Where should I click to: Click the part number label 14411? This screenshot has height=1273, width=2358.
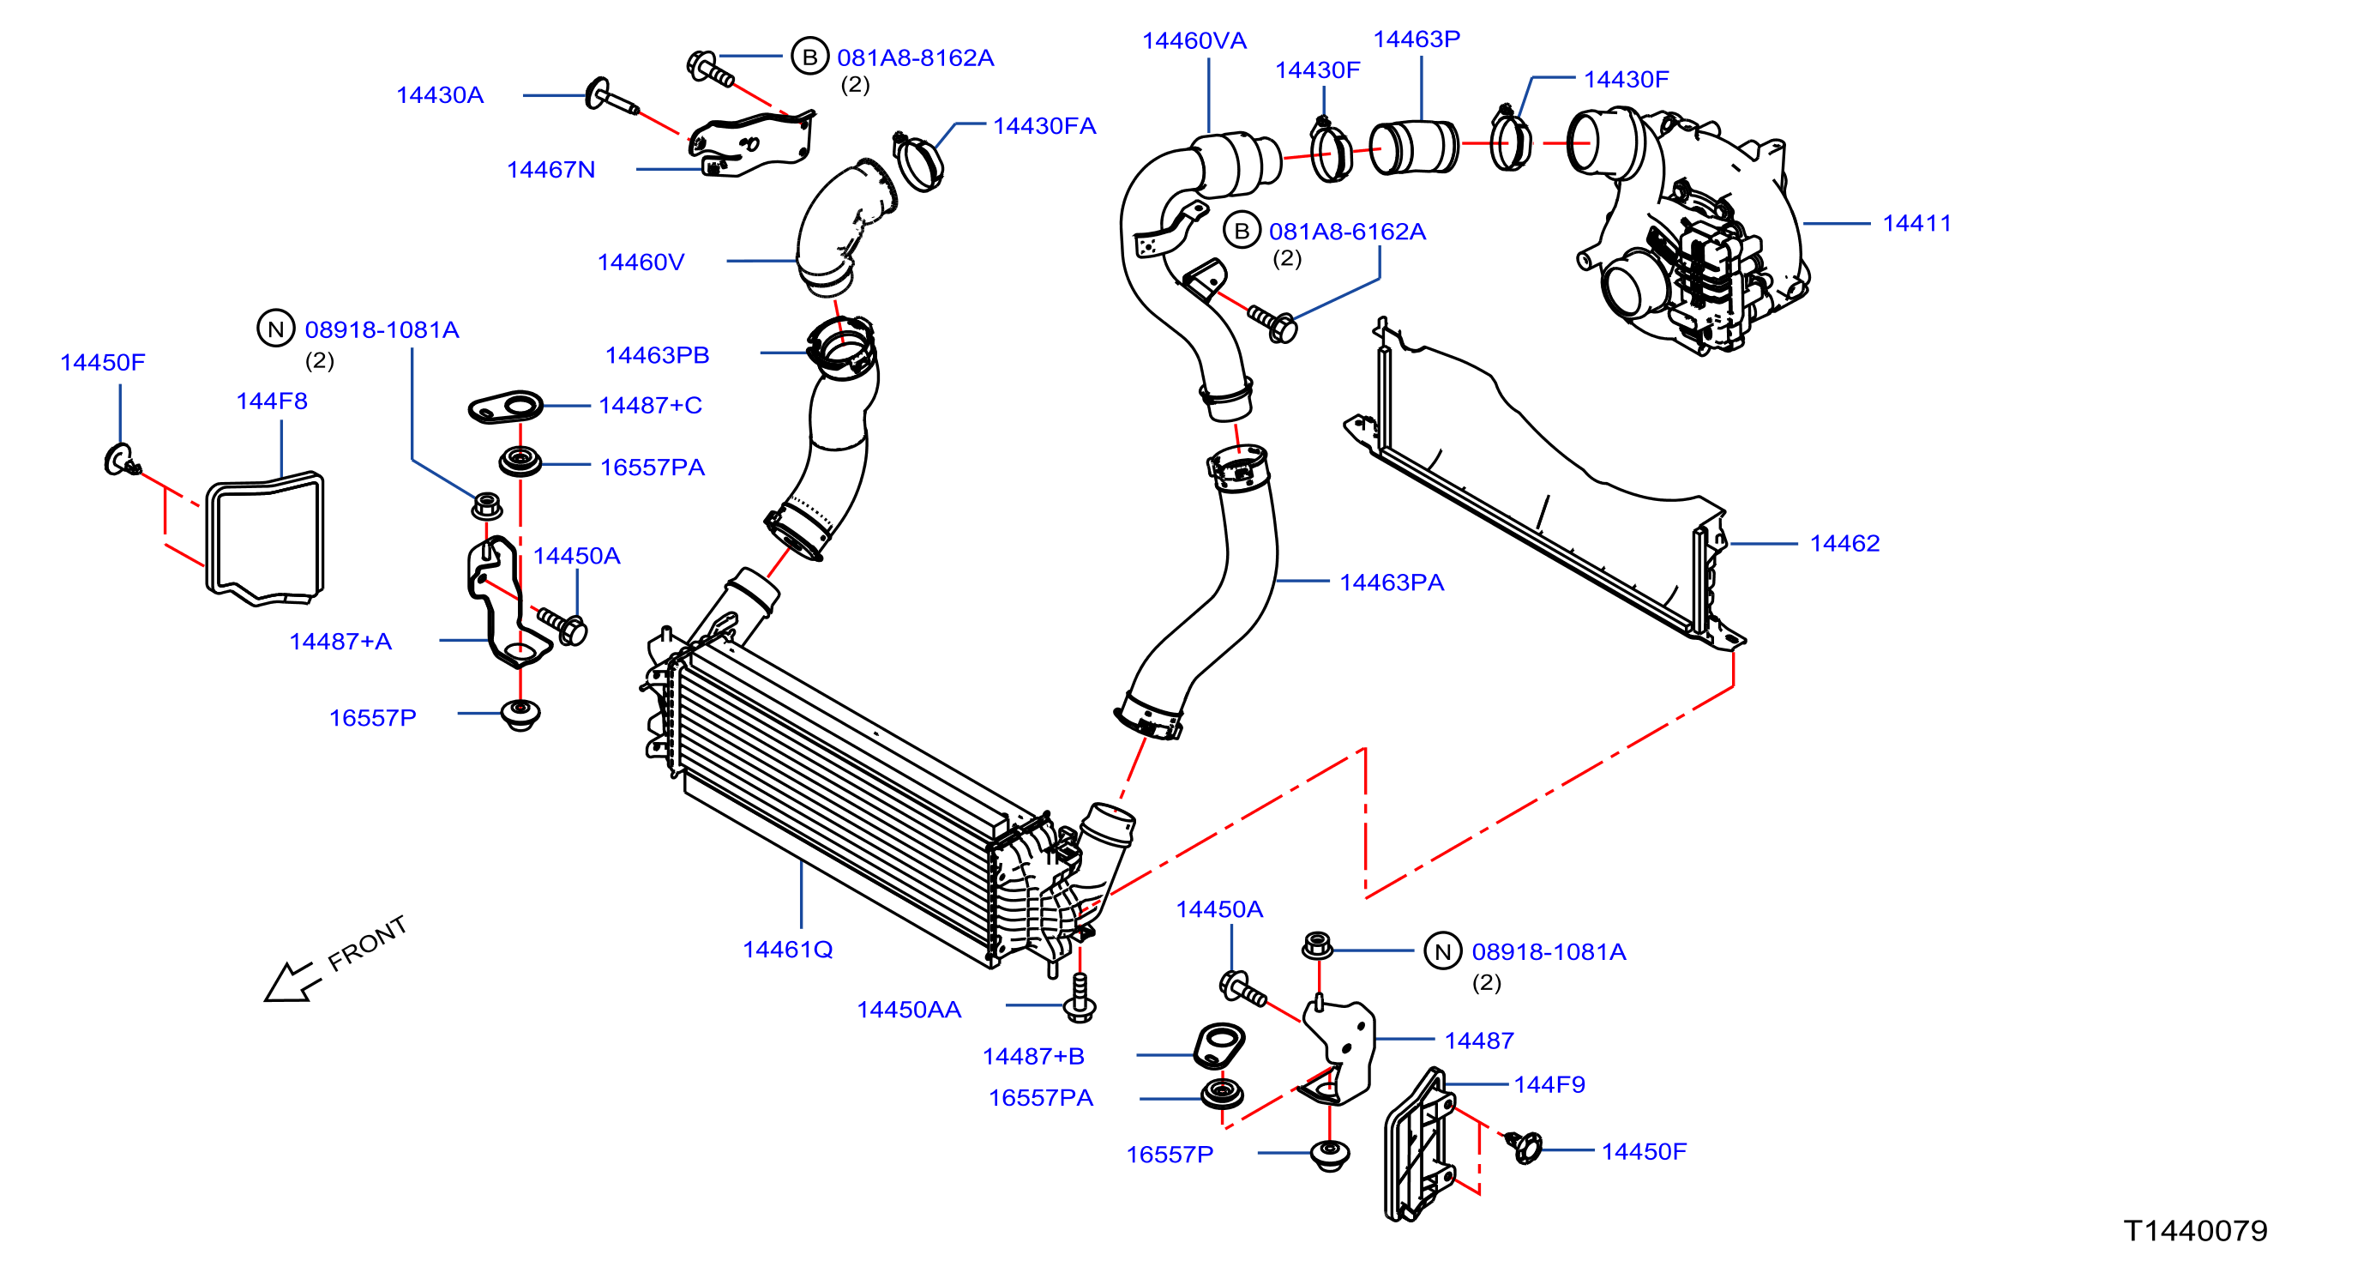click(1916, 224)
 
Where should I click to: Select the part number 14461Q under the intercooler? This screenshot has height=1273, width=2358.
click(787, 950)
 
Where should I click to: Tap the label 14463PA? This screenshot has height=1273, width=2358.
click(1392, 582)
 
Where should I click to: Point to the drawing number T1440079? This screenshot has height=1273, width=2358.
click(2195, 1231)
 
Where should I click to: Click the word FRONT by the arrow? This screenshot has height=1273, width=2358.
click(367, 943)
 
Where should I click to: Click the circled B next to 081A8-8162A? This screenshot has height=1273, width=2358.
click(809, 57)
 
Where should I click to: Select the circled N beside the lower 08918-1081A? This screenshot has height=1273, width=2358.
click(1442, 951)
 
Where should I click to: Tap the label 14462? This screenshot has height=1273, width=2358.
click(1844, 544)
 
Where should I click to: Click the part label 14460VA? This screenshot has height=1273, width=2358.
click(1194, 41)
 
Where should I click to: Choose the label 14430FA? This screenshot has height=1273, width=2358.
click(1044, 126)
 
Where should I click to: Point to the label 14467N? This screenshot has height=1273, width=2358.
click(551, 171)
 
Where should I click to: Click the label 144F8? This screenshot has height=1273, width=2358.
click(272, 401)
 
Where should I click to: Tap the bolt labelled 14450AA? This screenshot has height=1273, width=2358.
click(1080, 998)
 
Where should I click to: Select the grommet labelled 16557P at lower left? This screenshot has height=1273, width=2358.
click(520, 715)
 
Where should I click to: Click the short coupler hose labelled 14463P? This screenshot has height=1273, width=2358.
click(1414, 147)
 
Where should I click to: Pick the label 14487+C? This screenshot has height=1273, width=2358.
click(650, 406)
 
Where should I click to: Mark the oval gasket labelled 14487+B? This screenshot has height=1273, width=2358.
click(1219, 1045)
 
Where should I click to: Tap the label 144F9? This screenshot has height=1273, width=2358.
click(1549, 1085)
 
